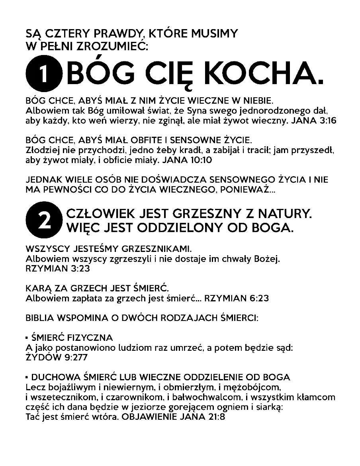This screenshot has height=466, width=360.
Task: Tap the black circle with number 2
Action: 44,221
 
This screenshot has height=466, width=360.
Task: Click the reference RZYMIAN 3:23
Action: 57,268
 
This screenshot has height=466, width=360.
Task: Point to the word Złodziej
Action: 41,151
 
